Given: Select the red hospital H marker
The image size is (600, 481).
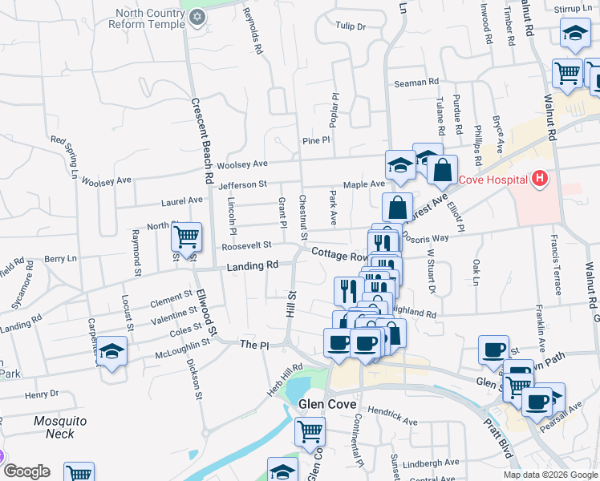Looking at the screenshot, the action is click(x=540, y=178).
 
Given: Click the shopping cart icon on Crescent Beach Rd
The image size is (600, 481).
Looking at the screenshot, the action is click(x=186, y=236).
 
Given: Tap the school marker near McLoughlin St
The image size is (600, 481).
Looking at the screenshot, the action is click(x=111, y=352).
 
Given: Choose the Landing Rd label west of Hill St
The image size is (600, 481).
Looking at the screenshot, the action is click(x=252, y=266).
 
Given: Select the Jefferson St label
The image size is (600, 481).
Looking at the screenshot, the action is click(x=241, y=185).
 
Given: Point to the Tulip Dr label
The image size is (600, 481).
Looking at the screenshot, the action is click(x=351, y=26).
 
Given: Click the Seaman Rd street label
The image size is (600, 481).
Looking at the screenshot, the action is click(x=416, y=83).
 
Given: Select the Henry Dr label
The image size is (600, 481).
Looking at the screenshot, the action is click(x=42, y=395).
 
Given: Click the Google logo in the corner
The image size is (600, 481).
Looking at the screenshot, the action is click(x=26, y=471).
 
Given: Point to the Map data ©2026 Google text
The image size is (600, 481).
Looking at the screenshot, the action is click(x=550, y=475).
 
